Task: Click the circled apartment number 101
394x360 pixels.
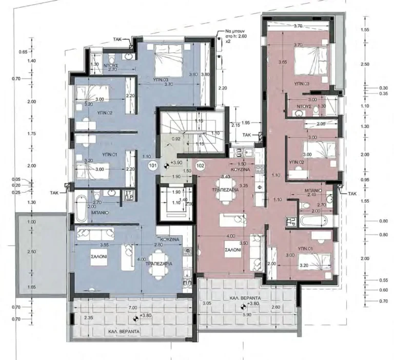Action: tap(152, 166)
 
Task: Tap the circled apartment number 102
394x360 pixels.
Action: tap(200, 166)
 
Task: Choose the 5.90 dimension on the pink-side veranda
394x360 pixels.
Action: tap(247, 314)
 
